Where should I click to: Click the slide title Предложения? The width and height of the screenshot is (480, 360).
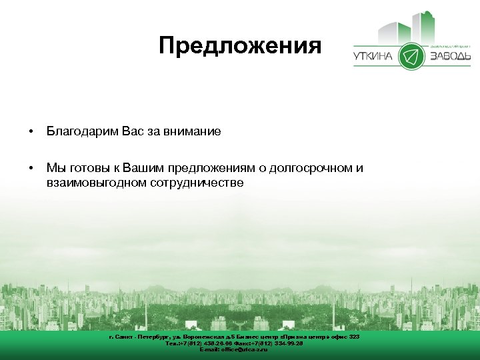coord(240,46)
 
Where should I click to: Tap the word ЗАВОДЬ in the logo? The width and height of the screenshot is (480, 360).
coord(450,57)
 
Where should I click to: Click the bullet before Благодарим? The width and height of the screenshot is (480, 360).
coord(31,132)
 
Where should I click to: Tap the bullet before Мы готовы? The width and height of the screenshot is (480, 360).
coord(31,168)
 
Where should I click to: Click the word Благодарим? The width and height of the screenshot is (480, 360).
coord(83,132)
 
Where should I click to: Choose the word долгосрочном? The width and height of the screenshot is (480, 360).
coord(305,168)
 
